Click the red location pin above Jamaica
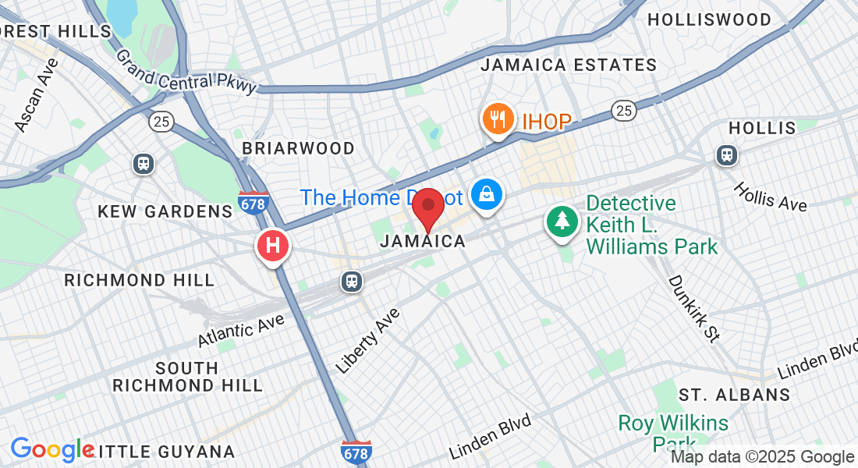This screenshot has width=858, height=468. pos(428,209)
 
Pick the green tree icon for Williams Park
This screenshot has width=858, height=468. pos(562,222)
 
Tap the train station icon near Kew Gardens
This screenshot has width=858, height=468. pos(144,163)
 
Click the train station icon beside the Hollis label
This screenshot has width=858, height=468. pos(727,155)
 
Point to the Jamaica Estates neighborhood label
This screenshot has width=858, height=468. pos(569,65)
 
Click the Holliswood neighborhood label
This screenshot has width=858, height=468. pos(709,19)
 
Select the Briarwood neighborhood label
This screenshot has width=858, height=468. pos(298,148)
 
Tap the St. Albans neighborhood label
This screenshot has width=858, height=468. pos(734,395)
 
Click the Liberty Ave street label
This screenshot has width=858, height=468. pos(367,340)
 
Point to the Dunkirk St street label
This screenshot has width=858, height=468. pos(693,309)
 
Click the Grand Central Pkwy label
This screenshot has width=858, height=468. pos(186,73)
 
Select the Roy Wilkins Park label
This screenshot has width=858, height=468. pos(673,433)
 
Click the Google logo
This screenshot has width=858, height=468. pos(51,450)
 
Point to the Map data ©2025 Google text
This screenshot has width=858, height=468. pos(762,457)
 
